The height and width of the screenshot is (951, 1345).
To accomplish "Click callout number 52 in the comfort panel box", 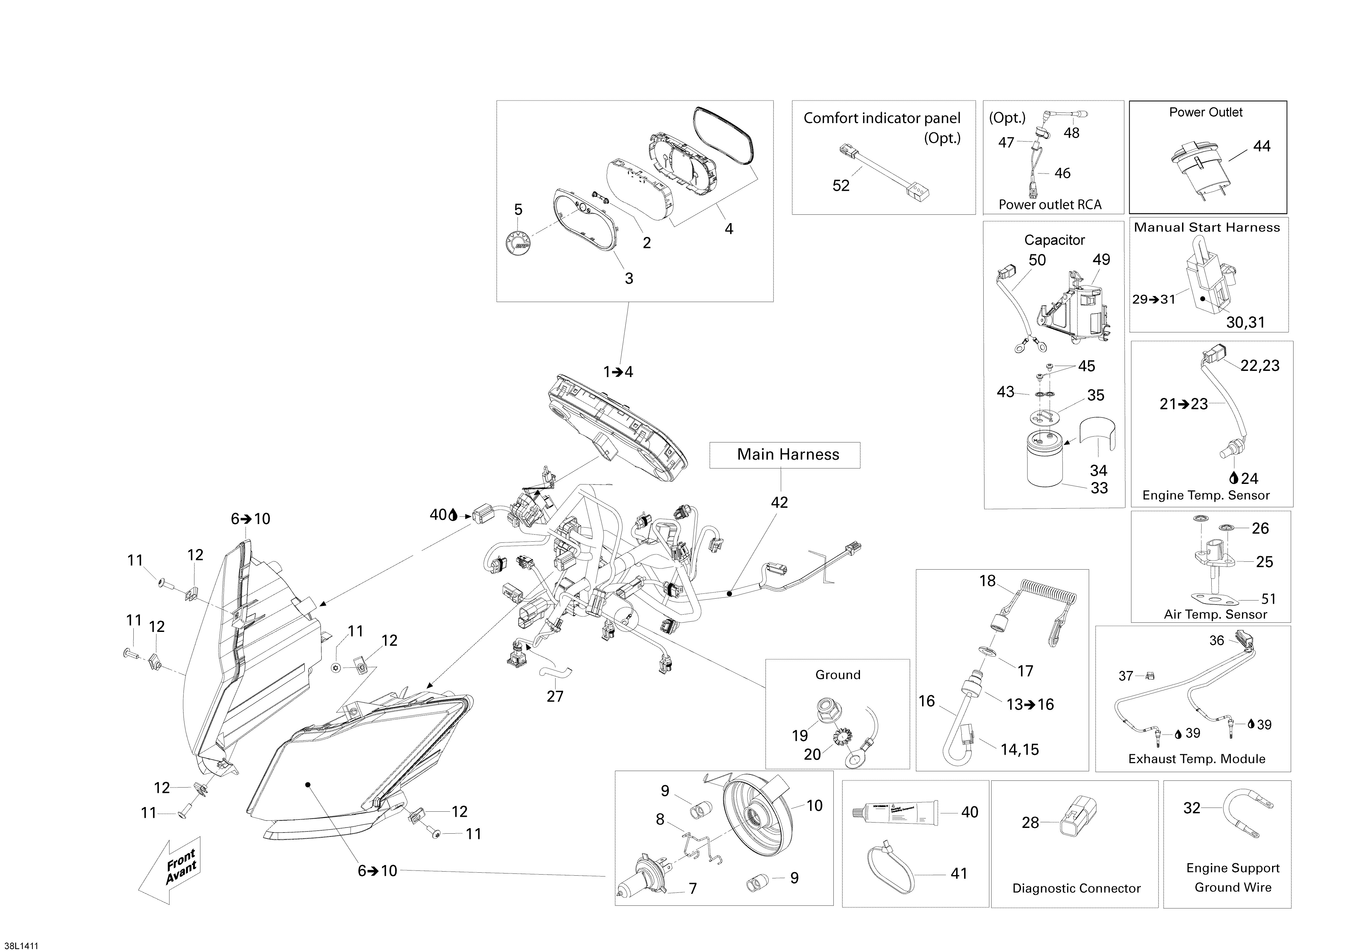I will [841, 186].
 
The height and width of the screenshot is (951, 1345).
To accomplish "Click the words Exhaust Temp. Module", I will [1197, 759].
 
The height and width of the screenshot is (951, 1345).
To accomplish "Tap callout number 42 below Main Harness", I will [779, 502].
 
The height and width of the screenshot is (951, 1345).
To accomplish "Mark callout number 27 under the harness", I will [555, 696].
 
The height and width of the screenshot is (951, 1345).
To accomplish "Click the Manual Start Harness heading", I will [1207, 227].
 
